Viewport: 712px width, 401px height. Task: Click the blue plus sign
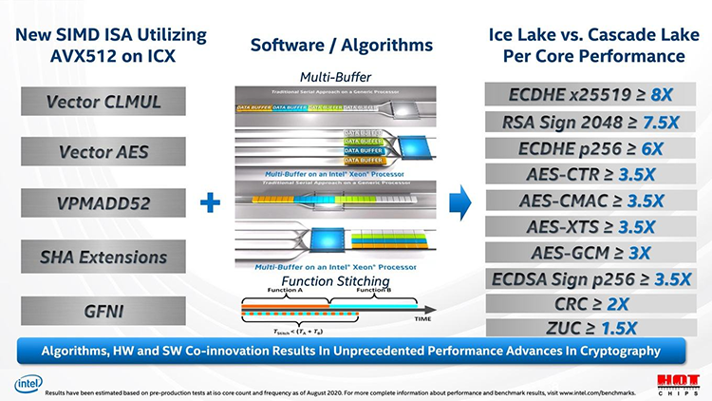pyautogui.click(x=210, y=203)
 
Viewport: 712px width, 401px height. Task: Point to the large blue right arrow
pyautogui.click(x=459, y=203)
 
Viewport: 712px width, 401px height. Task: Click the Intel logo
pyautogui.click(x=28, y=384)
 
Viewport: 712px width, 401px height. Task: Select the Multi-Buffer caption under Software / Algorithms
pyautogui.click(x=336, y=76)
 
